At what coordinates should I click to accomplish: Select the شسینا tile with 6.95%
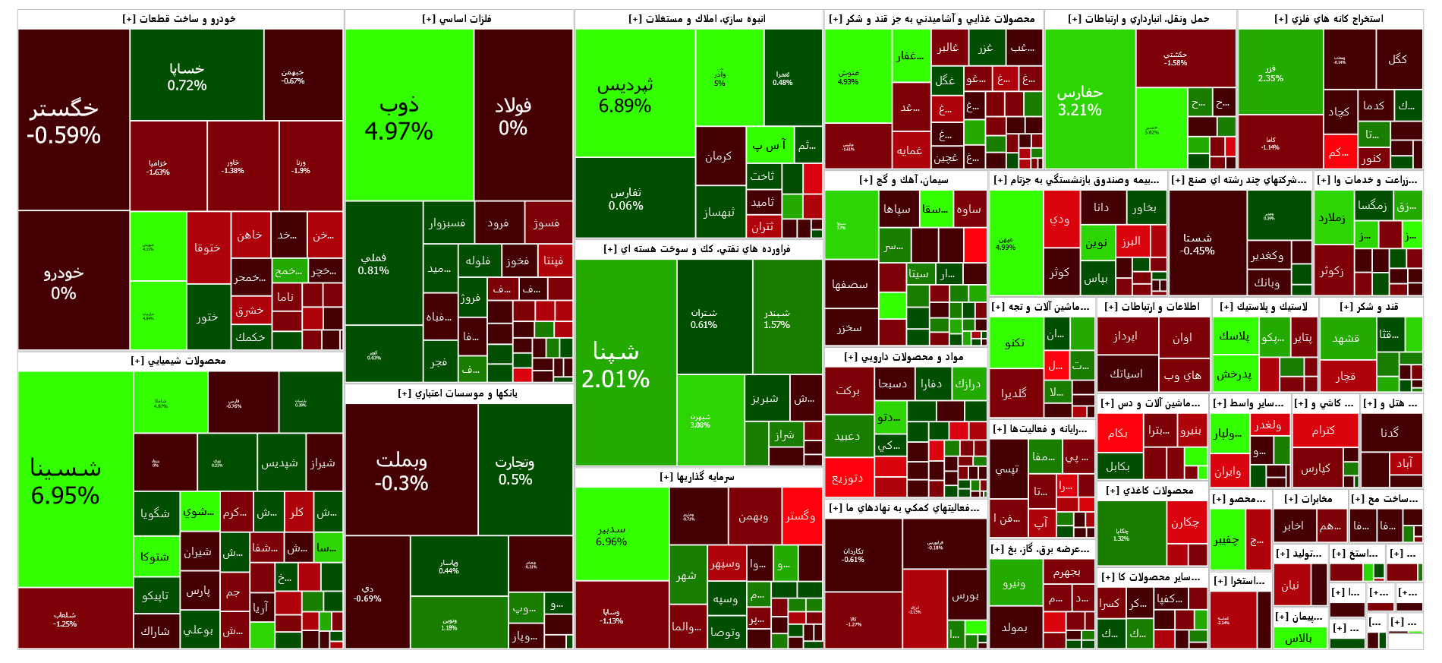coord(65,480)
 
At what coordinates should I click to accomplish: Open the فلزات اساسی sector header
coord(458,19)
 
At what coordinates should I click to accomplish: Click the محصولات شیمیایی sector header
coord(179,361)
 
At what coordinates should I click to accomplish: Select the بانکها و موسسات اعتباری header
coord(458,393)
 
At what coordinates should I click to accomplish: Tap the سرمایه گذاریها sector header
coord(697,477)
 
